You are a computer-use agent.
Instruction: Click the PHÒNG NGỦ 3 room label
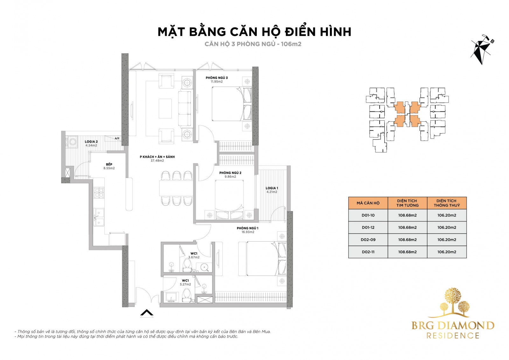pos(217,78)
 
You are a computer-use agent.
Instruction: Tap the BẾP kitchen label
pos(109,164)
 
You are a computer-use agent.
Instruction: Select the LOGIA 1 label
pos(272,188)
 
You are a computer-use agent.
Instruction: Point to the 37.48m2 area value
pos(157,160)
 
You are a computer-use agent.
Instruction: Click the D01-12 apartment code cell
pos(368,227)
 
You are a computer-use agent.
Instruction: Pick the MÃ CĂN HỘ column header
pos(368,203)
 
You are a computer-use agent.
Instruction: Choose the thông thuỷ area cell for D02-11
pos(447,252)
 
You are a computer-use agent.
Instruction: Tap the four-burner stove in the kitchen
pos(99,193)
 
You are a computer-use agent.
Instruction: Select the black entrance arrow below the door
pos(147,313)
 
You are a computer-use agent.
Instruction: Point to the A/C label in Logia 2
pos(117,138)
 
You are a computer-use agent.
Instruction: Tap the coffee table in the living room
pos(165,109)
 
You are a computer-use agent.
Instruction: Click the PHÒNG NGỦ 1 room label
pos(248,228)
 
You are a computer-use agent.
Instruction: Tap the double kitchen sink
pos(99,217)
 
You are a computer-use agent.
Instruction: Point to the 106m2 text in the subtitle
pos(291,44)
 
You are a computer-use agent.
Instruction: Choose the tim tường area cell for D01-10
pos(408,215)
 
